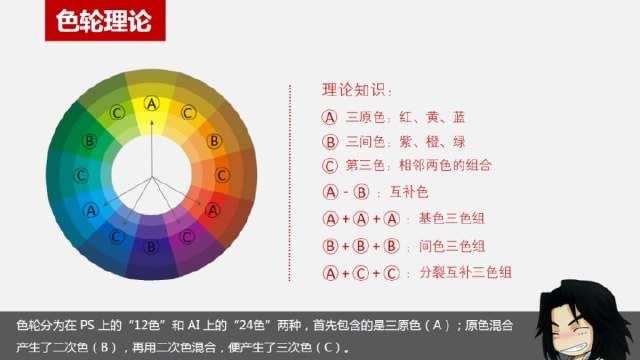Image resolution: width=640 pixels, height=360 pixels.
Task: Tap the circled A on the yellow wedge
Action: [x=152, y=102]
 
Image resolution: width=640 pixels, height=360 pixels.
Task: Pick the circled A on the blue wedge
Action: [x=92, y=210]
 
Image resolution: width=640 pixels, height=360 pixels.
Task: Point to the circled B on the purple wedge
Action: [x=152, y=245]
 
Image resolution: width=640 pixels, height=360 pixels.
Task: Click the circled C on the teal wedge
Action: [x=80, y=175]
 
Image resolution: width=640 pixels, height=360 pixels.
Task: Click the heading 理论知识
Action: [x=356, y=90]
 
